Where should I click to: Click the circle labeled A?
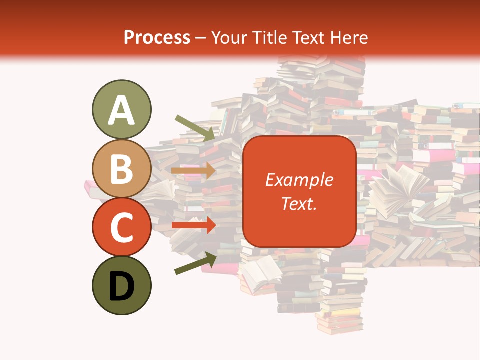tap(121, 109)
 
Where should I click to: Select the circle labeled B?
tap(121, 168)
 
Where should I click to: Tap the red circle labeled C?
tap(121, 227)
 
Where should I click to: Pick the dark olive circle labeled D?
tap(121, 285)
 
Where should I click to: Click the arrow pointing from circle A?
tap(195, 127)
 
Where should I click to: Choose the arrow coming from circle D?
tap(195, 263)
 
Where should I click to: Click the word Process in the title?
tap(157, 37)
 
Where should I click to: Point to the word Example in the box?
tap(299, 180)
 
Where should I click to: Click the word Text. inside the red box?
tap(299, 203)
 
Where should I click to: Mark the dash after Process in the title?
tap(201, 38)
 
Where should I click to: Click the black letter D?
tap(121, 286)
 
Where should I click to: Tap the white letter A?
tap(121, 110)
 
